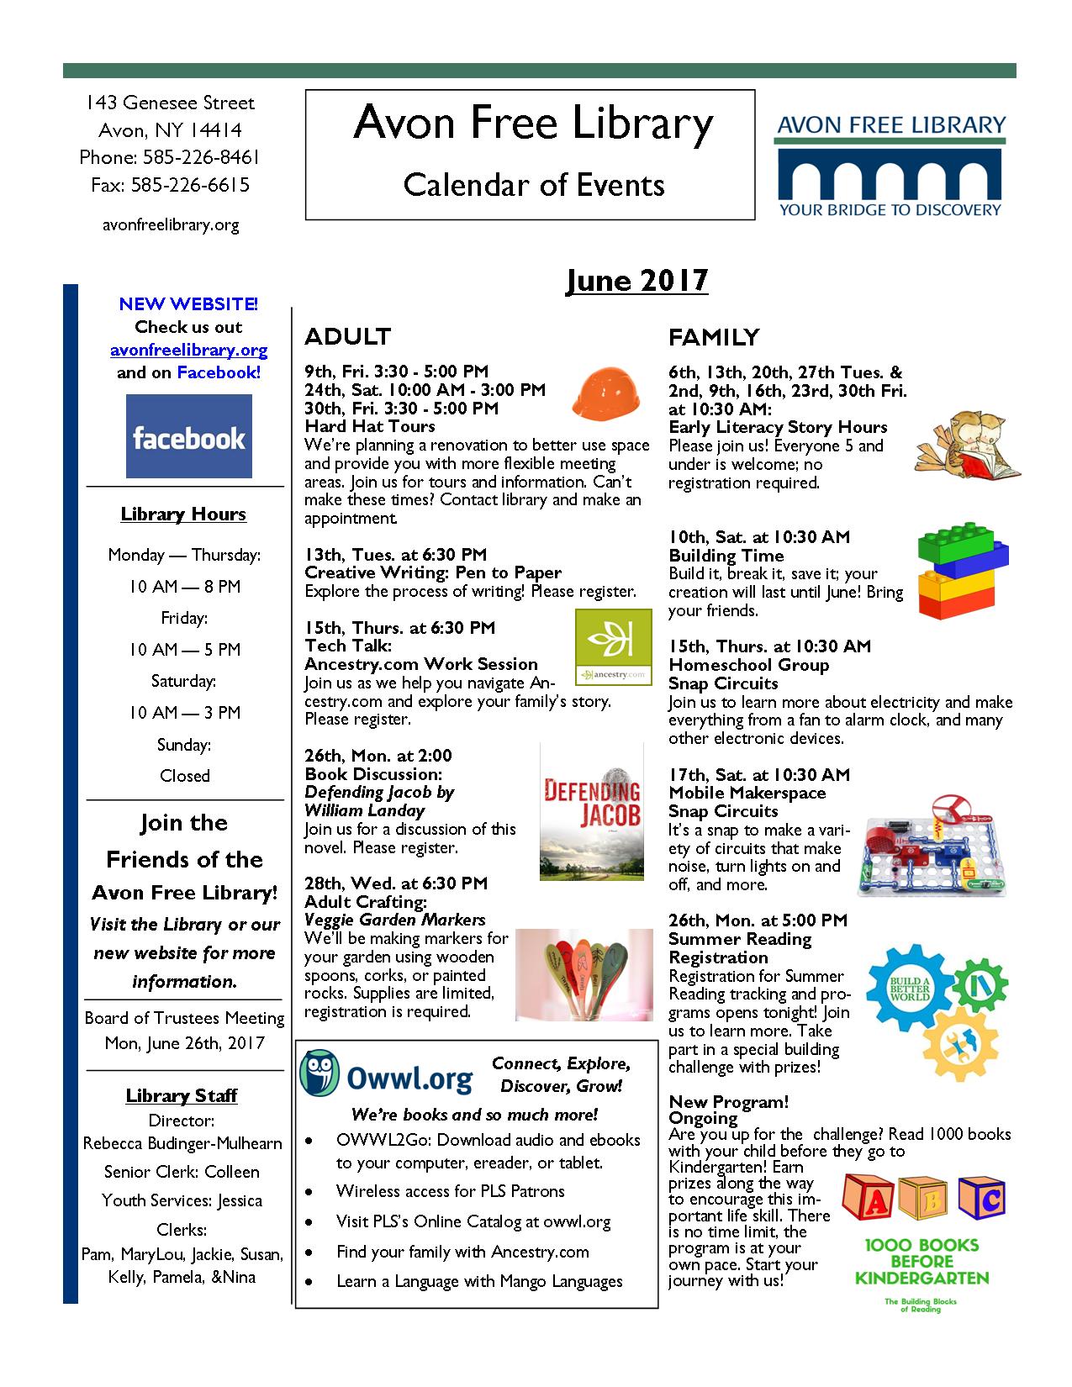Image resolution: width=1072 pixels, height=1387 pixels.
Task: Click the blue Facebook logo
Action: (189, 436)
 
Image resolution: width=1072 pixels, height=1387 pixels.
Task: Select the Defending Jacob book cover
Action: (592, 812)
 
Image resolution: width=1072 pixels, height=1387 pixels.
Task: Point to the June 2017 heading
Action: (636, 280)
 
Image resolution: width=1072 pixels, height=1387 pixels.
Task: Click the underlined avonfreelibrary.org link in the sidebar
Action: (189, 350)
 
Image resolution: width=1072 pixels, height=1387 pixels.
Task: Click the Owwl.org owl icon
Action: (319, 1073)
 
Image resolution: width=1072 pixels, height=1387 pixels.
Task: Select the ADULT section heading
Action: (348, 336)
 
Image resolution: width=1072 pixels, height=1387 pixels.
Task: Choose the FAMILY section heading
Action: (714, 337)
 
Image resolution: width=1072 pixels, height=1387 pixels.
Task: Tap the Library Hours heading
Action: (183, 514)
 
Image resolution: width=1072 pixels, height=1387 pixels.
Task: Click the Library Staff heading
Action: (182, 1095)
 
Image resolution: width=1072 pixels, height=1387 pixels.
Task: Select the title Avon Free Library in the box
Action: (533, 124)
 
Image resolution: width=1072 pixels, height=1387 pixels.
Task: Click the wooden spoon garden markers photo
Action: (584, 974)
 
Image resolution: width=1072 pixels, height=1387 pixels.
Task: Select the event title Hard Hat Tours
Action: (370, 426)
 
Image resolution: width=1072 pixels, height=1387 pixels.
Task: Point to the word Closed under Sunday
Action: (185, 776)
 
